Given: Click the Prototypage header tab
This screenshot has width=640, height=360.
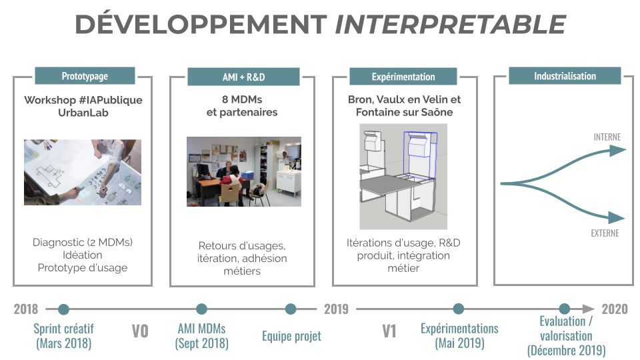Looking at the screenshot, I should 85,76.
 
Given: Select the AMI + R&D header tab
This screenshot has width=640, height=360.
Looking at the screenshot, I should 243,77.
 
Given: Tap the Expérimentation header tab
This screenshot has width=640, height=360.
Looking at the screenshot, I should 403,77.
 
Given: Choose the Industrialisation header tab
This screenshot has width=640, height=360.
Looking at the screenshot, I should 565,76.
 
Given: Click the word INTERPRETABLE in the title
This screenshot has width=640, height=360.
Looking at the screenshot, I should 450,25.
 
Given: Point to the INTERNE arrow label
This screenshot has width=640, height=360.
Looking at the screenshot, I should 607,137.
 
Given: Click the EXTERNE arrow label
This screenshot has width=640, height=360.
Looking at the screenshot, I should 605,233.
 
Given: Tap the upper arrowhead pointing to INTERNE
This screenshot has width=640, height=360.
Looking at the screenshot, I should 618,150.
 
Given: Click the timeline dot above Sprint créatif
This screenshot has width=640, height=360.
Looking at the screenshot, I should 64,309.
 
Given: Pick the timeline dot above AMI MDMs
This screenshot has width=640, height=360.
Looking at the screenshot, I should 201,309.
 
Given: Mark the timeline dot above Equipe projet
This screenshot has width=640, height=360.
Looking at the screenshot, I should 291,309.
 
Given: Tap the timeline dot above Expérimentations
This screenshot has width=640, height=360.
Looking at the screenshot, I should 459,309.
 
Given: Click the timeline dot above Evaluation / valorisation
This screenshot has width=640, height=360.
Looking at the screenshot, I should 565,309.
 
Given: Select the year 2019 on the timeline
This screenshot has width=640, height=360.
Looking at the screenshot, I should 337,309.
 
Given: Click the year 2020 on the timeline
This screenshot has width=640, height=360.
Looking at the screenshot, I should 614,309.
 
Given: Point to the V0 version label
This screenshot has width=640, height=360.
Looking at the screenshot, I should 140,331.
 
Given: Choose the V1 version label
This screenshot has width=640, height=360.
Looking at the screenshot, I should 389,331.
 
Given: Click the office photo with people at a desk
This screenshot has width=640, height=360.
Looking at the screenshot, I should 243,171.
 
